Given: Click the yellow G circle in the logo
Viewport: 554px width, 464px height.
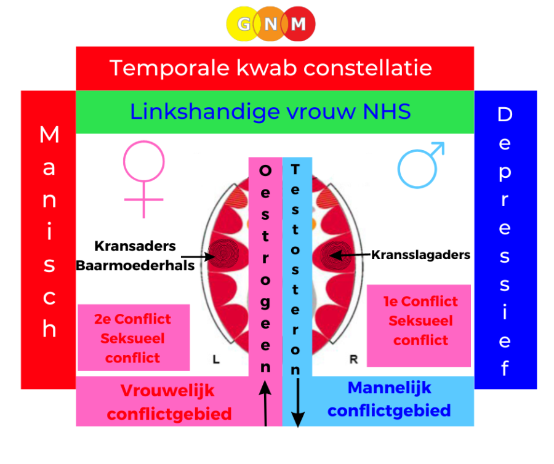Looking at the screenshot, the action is [244, 24].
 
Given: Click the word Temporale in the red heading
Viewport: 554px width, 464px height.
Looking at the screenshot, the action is [169, 68].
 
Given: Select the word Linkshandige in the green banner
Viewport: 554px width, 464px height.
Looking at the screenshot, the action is [205, 112].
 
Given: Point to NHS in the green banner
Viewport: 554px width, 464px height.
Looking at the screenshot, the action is [387, 111].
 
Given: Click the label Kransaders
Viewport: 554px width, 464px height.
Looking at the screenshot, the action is [135, 246].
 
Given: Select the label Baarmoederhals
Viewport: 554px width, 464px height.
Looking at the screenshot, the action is [135, 266].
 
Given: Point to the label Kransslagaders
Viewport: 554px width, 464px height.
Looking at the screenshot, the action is [420, 255].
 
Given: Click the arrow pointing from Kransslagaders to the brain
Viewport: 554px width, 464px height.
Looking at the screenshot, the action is [350, 255].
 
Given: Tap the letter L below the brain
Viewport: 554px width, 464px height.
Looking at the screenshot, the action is [216, 359].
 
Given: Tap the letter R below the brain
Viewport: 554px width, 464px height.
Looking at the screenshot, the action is [354, 359].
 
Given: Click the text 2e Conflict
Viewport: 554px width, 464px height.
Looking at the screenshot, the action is [132, 319].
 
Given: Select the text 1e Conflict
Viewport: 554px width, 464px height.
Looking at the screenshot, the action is [420, 302].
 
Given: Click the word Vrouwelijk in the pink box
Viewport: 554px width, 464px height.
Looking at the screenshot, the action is [167, 391].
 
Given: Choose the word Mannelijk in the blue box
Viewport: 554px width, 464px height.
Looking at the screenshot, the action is [390, 388].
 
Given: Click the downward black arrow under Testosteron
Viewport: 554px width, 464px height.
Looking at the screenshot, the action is [298, 402].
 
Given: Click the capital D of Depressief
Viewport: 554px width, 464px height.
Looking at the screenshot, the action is [505, 114].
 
